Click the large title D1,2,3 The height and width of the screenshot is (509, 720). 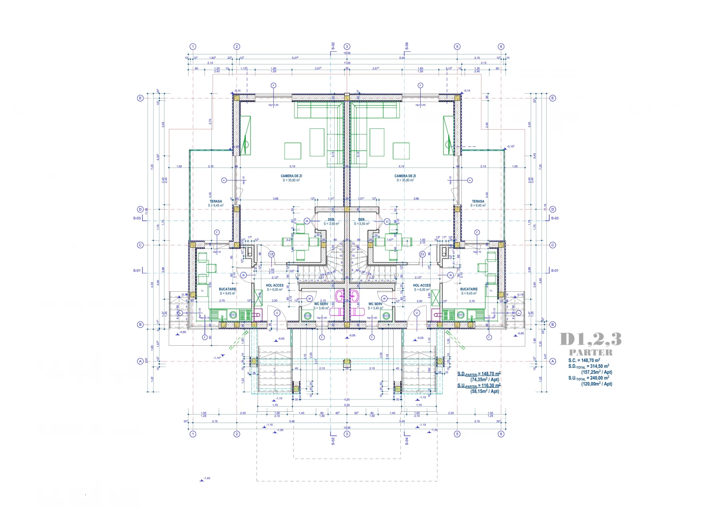click(x=590, y=339)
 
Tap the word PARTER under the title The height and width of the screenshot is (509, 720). click(x=591, y=353)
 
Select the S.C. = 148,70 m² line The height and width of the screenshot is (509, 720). click(x=584, y=360)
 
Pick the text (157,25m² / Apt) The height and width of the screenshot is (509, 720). click(x=596, y=372)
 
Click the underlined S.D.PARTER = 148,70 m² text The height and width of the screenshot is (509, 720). click(x=479, y=374)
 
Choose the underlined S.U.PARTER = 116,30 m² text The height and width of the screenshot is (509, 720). click(x=479, y=386)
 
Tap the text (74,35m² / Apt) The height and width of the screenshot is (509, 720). click(x=485, y=380)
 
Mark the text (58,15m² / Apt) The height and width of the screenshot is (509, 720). click(x=485, y=391)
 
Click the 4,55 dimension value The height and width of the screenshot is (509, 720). click(x=347, y=400)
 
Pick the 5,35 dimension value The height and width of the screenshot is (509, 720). click(x=347, y=405)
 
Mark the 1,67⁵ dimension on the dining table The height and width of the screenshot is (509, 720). click(x=389, y=240)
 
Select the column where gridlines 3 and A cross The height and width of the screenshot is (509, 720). click(x=347, y=361)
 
